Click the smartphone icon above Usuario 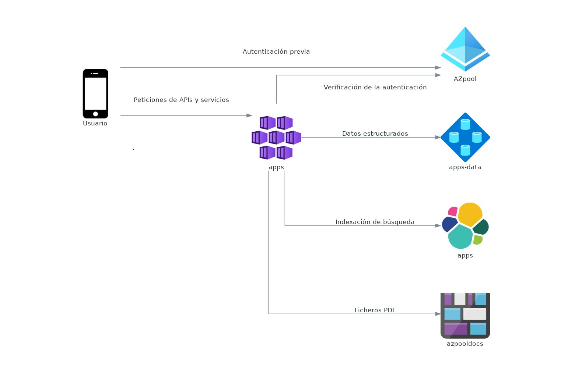point(95,93)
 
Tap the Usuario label point(95,124)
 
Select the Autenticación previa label point(276,51)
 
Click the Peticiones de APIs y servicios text point(181,100)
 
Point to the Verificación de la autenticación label point(375,87)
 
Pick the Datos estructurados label point(375,134)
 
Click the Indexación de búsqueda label point(375,222)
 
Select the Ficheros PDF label point(375,310)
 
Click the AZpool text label point(465,79)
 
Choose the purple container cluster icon point(276,138)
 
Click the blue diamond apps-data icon point(465,137)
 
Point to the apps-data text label point(465,167)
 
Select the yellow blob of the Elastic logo point(470,214)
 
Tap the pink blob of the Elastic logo point(453,212)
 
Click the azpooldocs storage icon point(465,316)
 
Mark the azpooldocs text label point(465,344)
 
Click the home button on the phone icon point(95,114)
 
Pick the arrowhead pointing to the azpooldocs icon point(438,314)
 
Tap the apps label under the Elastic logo point(465,255)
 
